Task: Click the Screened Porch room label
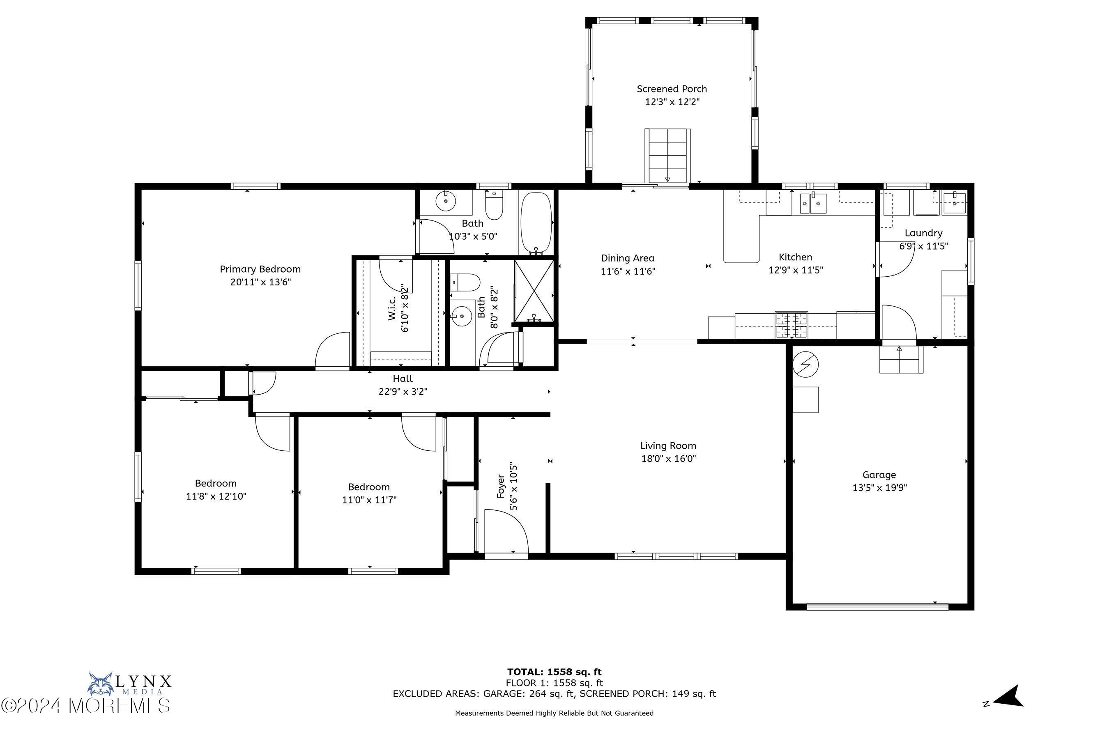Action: click(x=672, y=89)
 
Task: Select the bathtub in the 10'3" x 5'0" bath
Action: click(x=536, y=223)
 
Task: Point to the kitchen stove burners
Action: click(x=791, y=325)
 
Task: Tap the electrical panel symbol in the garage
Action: click(x=805, y=364)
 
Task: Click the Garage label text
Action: click(x=879, y=475)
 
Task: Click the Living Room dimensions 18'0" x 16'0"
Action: click(x=668, y=459)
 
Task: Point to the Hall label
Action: click(x=402, y=379)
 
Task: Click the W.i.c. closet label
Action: click(x=392, y=309)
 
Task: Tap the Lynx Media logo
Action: click(x=129, y=684)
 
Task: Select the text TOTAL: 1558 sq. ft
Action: click(x=554, y=672)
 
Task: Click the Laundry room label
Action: click(x=923, y=233)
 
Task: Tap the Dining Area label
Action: click(x=627, y=258)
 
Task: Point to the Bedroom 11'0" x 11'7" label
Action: click(x=369, y=487)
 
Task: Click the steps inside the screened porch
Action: click(x=667, y=156)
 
